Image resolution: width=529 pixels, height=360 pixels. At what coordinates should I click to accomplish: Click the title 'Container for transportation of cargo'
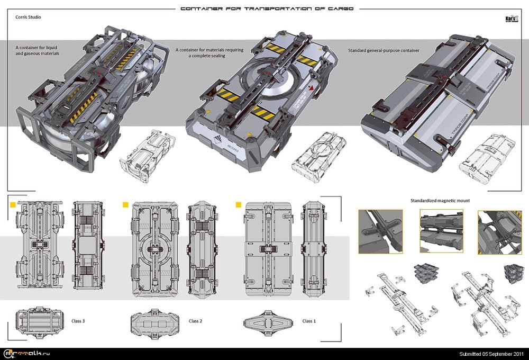267,8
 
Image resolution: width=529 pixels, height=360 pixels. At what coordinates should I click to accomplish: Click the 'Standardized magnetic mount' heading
440,201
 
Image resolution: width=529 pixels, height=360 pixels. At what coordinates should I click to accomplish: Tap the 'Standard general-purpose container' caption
384,50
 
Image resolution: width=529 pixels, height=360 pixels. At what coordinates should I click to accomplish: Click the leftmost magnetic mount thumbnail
380,231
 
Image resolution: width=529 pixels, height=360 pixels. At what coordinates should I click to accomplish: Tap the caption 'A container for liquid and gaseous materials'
38,50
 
